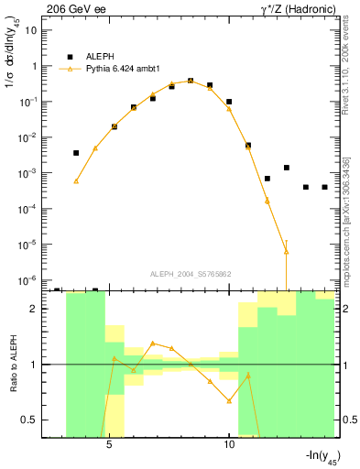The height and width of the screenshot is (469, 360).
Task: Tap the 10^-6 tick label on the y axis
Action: [27, 279]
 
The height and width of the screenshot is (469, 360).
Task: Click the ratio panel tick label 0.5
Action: [28, 420]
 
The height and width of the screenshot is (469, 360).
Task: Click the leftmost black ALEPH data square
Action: [76, 153]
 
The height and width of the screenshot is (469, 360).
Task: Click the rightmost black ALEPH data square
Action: [325, 187]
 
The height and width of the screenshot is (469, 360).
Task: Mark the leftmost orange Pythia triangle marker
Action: [76, 181]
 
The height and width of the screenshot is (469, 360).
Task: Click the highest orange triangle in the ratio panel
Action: [153, 343]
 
